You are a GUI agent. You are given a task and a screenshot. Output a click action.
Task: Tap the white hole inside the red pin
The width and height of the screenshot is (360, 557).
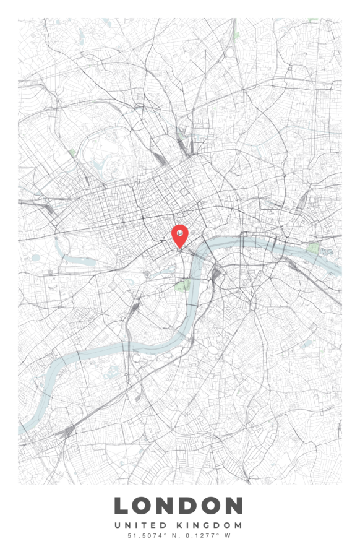(x=179, y=233)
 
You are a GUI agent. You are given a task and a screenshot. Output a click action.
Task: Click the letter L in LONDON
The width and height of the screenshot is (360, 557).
(x=122, y=506)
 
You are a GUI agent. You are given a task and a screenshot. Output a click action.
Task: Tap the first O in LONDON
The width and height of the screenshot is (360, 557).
(x=144, y=506)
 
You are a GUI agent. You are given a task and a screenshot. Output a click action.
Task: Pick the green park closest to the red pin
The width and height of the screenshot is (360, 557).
(x=183, y=285)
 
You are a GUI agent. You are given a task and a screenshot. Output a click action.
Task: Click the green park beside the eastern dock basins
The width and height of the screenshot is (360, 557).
(x=314, y=248)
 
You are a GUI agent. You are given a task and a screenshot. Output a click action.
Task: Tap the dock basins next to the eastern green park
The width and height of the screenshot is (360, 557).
(x=326, y=252)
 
